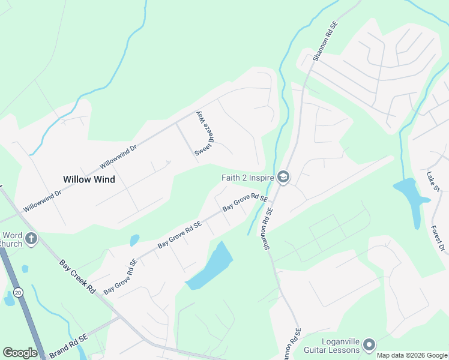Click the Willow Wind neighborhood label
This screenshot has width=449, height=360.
89,179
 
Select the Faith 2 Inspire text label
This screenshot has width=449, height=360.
246,177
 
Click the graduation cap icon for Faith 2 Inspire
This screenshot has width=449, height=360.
283,177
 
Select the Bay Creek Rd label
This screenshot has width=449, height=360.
77,277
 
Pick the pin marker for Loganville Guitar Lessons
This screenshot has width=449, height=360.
369,345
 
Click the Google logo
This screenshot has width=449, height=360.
20,353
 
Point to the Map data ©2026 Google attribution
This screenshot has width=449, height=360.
412,355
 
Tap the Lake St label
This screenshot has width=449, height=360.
433,182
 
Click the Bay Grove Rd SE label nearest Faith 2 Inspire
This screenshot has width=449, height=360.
245,202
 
